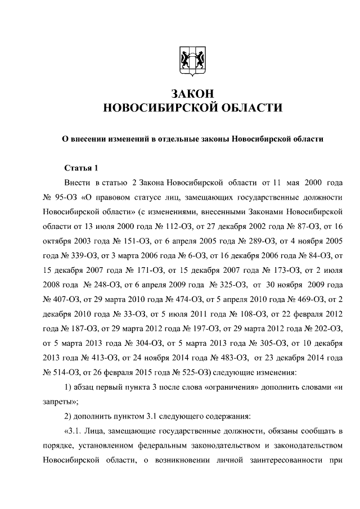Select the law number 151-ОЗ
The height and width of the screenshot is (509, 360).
point(122,244)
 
